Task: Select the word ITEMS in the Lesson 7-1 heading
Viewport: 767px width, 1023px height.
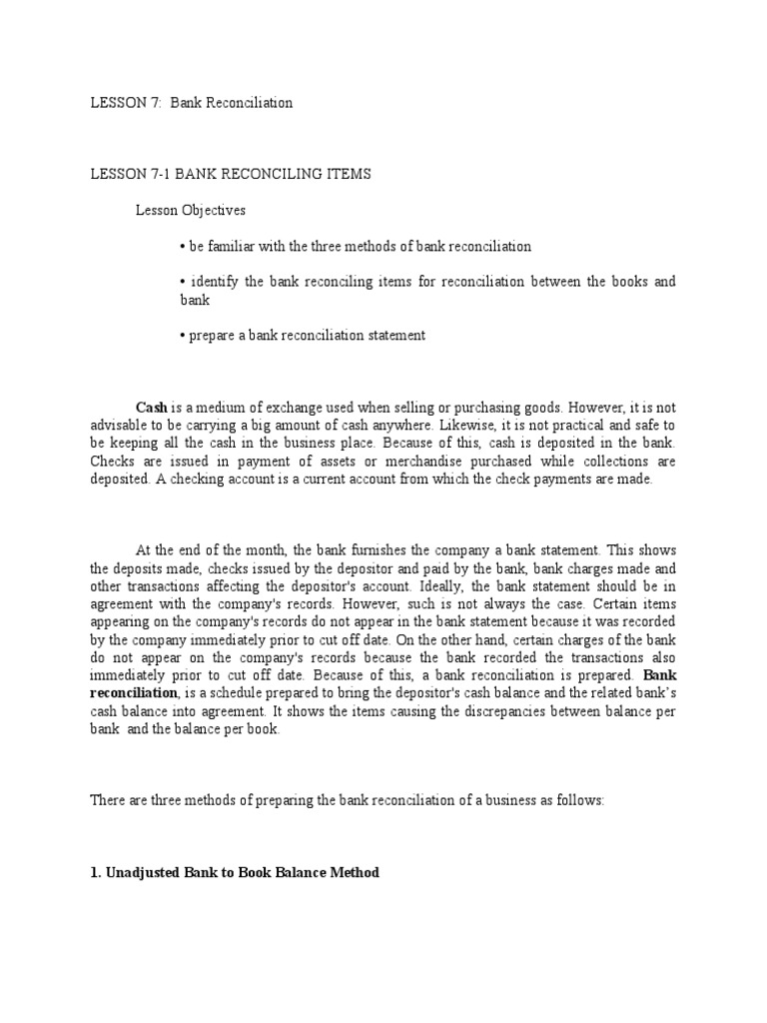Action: pos(345,174)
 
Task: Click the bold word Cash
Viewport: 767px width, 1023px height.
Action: pos(151,408)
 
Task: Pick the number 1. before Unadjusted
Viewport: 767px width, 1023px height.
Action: pos(96,873)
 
